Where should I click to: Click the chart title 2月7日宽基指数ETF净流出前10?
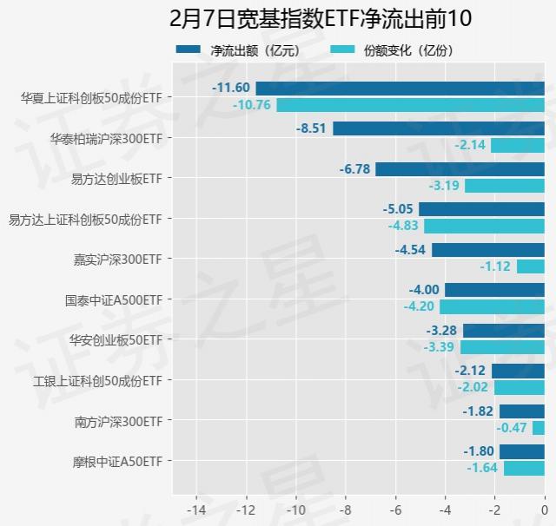click(278, 18)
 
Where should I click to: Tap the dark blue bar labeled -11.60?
click(400, 88)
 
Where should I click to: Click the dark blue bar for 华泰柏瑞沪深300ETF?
click(439, 128)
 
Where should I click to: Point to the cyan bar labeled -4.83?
click(484, 226)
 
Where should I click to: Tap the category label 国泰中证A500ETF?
click(114, 299)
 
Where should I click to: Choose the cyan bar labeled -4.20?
click(492, 306)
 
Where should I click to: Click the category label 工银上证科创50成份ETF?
click(98, 380)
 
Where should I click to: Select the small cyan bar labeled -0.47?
click(539, 428)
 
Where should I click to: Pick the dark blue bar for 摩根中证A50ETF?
click(522, 451)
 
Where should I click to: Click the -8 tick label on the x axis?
click(346, 508)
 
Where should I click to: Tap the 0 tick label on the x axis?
click(545, 508)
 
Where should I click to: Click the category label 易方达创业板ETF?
click(116, 178)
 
